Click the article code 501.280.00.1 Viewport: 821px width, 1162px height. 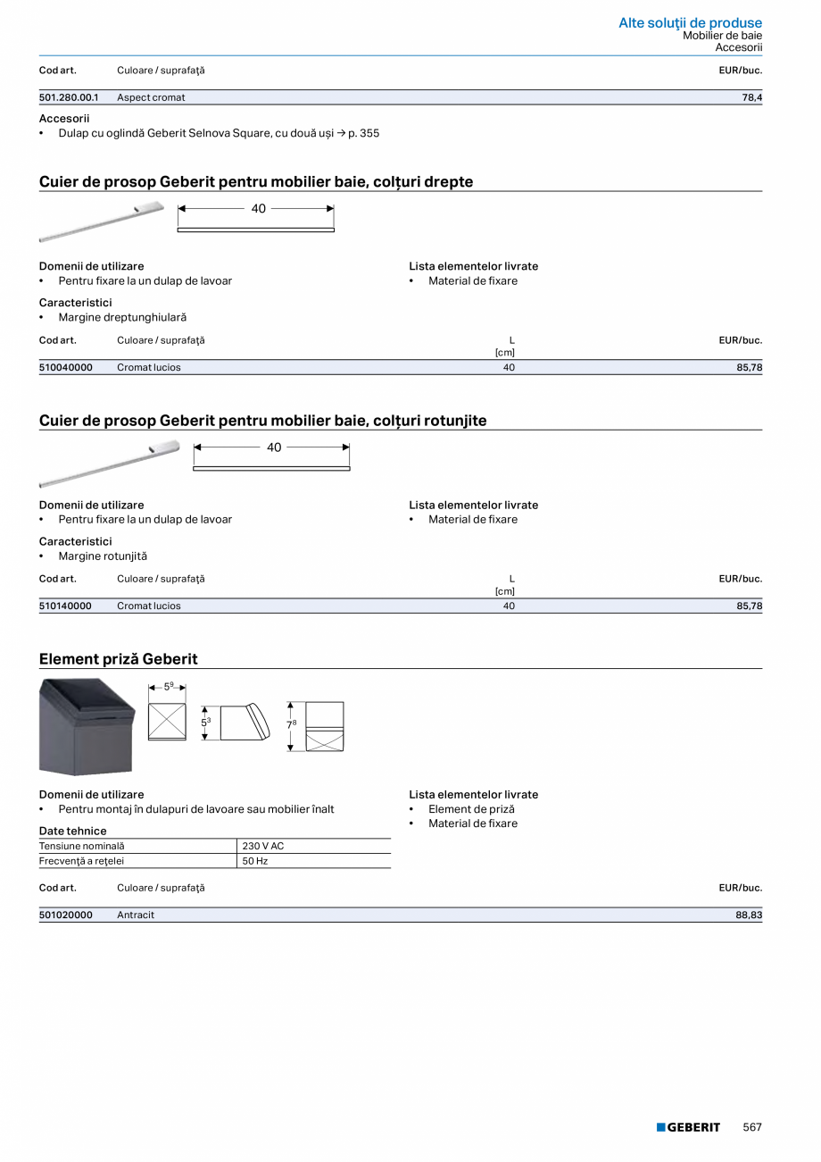[69, 97]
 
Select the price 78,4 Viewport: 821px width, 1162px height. [751, 97]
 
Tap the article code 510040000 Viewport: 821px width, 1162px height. [66, 367]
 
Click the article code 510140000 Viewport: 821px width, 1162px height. [65, 606]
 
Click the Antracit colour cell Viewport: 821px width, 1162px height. [136, 915]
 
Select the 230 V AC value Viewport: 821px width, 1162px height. [263, 846]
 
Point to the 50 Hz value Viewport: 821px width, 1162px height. [255, 861]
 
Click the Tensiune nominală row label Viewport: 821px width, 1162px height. [82, 846]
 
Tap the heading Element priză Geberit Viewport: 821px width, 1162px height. [119, 659]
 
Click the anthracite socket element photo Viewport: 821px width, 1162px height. [87, 726]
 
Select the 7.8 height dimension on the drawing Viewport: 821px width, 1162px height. [292, 724]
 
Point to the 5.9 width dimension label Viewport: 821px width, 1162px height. [168, 687]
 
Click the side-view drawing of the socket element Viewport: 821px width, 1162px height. [244, 722]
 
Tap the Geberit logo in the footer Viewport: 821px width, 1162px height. [688, 1127]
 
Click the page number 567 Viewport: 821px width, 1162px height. [752, 1127]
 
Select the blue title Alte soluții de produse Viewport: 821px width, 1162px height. [690, 22]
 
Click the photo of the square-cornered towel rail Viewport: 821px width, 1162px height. [102, 222]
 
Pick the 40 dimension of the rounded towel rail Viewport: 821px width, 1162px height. [274, 447]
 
